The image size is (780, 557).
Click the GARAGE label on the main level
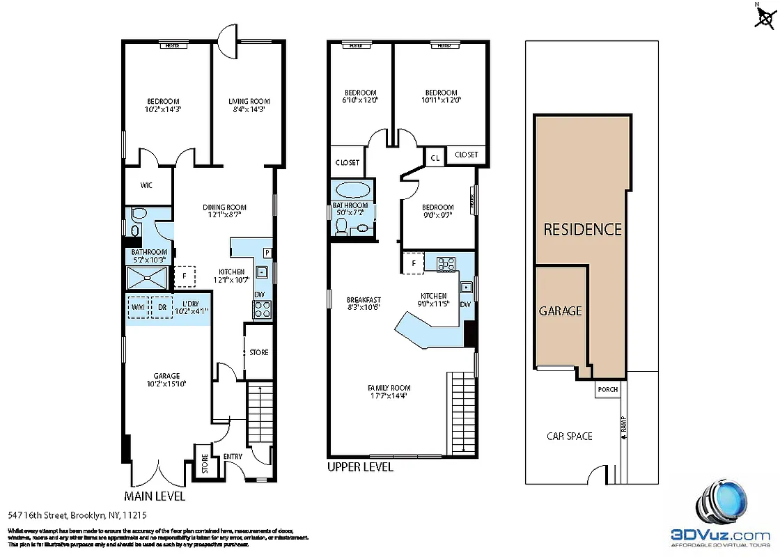point(166,376)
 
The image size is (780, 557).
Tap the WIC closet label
point(146,185)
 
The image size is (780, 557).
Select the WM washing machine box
point(138,307)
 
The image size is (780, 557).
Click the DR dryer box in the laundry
point(162,307)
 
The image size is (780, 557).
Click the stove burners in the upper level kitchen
point(446,264)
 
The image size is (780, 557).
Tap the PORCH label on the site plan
point(607,389)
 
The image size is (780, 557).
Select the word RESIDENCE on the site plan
point(582,229)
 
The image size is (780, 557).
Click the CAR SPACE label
point(569,436)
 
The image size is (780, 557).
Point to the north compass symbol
point(764,17)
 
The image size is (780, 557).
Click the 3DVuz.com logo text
point(720,535)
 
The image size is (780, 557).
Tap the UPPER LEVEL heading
point(360,467)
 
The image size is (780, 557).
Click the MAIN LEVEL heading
point(154,496)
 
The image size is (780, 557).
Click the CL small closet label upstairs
point(435,158)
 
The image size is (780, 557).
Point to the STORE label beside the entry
point(205,464)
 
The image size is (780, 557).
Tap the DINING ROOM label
point(224,207)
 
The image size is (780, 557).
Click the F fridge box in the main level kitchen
point(185,276)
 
